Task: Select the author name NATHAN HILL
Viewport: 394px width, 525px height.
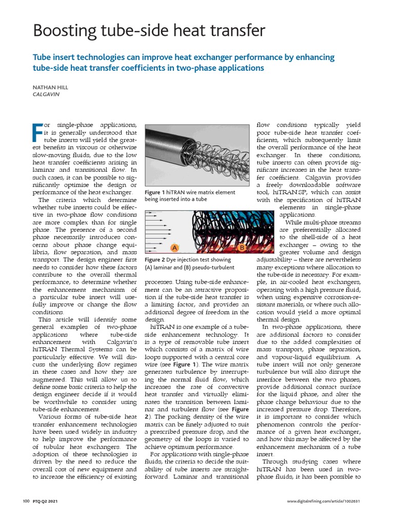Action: tap(50, 88)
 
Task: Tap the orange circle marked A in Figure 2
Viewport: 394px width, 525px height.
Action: tap(174, 248)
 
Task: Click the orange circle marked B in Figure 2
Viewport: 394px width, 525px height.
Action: tap(242, 248)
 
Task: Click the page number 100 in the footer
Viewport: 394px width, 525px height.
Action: tap(27, 500)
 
